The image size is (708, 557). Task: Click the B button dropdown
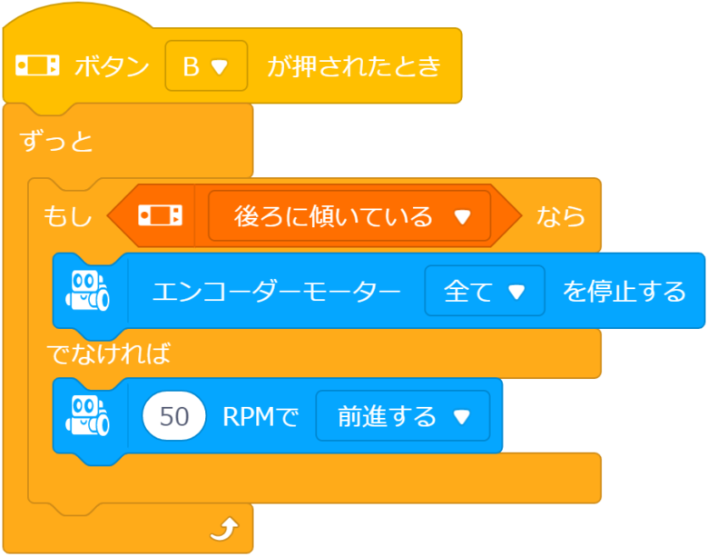(x=206, y=66)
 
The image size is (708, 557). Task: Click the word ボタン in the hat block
(x=112, y=66)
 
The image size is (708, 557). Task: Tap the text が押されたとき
(x=353, y=66)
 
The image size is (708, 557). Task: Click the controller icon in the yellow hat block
(x=37, y=66)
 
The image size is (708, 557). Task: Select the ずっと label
(x=56, y=142)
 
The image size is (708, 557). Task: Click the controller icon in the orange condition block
(x=160, y=216)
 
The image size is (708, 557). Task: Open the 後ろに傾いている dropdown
(x=349, y=216)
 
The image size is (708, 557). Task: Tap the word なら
(x=560, y=216)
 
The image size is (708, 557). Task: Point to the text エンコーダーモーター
(x=276, y=292)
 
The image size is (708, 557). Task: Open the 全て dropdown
(x=484, y=292)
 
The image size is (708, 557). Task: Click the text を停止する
(x=624, y=292)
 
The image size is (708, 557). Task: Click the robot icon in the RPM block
(x=89, y=416)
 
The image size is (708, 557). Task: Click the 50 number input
(x=174, y=416)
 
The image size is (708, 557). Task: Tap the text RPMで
(x=261, y=416)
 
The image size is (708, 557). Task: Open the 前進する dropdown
(x=402, y=416)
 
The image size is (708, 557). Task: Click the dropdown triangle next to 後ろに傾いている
(x=463, y=217)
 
